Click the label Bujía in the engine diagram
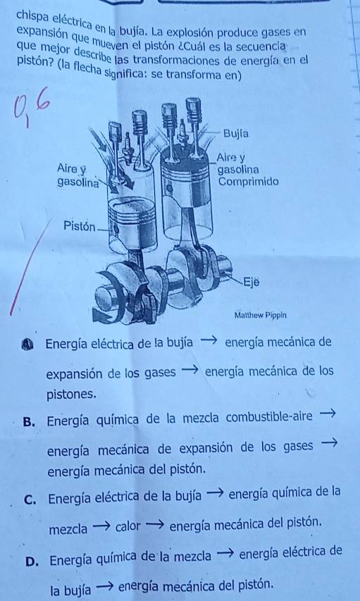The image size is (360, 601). (x=236, y=134)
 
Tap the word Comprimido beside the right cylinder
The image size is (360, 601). (x=248, y=181)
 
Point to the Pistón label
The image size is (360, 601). (x=80, y=227)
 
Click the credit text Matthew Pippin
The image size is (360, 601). (x=261, y=316)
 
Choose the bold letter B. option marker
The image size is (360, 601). (x=29, y=422)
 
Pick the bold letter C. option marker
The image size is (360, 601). (x=30, y=500)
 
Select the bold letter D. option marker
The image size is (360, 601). (x=32, y=562)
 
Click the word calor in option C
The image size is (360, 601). (x=128, y=526)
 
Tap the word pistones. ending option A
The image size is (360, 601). (x=71, y=395)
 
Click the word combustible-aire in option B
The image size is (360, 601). (x=269, y=417)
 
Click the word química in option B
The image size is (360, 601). (x=111, y=421)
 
